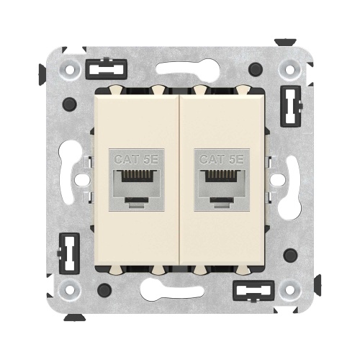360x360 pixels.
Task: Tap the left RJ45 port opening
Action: tap(136, 183)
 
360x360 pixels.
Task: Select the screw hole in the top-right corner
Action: tap(289, 70)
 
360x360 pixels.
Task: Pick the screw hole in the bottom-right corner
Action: tap(289, 290)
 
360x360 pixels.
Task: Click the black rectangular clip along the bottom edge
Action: tap(253, 291)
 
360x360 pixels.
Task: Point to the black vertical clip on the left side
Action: tap(68, 253)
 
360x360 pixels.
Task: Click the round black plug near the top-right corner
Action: tap(255, 70)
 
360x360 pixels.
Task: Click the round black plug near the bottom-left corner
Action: tap(104, 290)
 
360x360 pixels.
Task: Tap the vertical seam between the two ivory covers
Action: tap(179, 180)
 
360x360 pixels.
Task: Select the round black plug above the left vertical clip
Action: tap(69, 104)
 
